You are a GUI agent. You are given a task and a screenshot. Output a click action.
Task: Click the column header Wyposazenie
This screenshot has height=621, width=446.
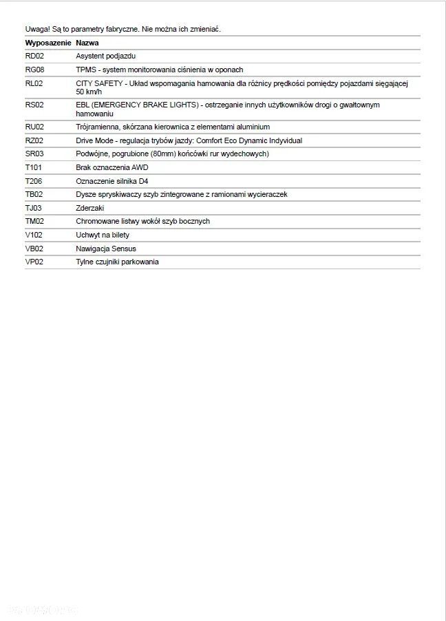47,43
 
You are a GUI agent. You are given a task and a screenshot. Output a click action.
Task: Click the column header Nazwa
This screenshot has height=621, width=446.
87,43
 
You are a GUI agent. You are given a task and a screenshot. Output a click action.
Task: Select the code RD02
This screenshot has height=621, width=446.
34,56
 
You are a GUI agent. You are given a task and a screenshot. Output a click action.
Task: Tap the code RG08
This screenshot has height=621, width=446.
34,70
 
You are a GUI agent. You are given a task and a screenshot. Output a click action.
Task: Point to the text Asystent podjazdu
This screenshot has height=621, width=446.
105,56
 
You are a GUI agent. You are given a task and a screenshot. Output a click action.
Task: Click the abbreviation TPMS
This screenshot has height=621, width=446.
86,70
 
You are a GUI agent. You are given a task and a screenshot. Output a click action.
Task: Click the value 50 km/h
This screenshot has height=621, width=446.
89,92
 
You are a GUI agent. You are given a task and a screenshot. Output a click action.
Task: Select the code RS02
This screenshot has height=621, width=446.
34,105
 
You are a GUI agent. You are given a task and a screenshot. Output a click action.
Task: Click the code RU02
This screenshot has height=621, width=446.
34,127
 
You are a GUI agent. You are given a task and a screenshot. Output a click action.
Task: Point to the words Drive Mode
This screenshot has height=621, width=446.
94,140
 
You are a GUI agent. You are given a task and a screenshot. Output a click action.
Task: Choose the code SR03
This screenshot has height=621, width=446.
34,154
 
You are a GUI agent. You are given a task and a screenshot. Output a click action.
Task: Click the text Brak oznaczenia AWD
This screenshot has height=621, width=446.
111,167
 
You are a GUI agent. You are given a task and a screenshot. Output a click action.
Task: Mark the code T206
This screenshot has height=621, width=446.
34,181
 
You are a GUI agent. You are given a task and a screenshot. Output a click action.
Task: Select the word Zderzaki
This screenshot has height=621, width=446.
90,208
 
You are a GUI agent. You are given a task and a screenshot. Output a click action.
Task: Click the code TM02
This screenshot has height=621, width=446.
34,221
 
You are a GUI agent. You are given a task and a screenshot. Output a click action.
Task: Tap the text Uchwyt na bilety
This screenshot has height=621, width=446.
102,235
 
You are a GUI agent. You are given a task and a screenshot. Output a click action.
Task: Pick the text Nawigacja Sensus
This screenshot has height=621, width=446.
106,249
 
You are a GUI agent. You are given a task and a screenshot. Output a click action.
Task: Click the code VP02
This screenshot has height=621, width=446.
34,262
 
